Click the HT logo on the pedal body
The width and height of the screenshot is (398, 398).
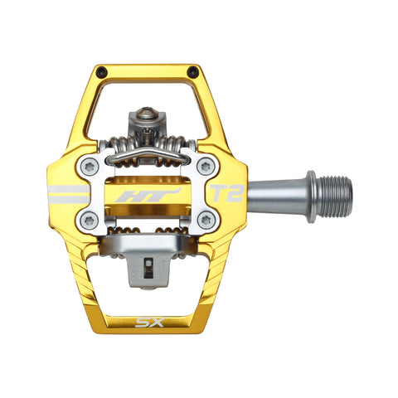pos(137,197)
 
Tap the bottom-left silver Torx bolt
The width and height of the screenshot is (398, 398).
pos(90,221)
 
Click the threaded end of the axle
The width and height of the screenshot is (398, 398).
pos(336,196)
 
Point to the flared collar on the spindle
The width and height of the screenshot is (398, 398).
pos(311,196)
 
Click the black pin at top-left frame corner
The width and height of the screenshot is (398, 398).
pos(101,72)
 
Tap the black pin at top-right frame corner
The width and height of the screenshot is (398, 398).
pos(193,72)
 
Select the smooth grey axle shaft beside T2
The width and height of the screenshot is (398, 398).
pos(274,196)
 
